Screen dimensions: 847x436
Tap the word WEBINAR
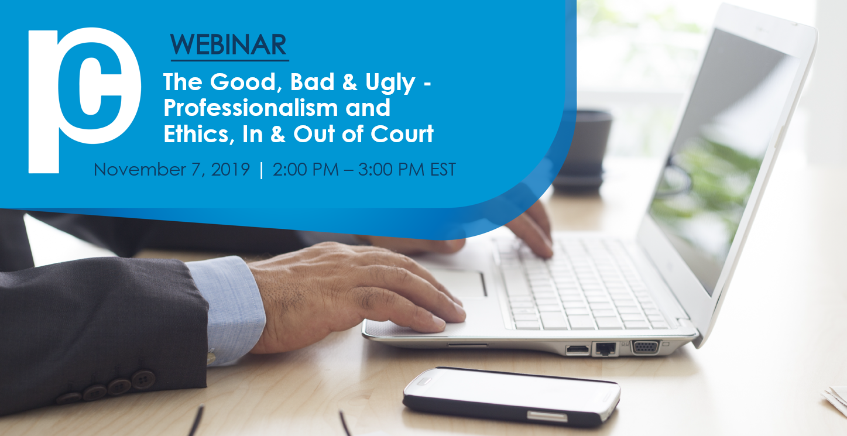pos(228,44)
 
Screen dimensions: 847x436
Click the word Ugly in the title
pos(390,83)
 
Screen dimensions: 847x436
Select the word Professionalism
pos(251,108)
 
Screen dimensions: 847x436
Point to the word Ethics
pos(197,134)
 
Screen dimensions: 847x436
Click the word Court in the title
pos(402,134)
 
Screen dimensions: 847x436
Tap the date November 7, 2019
pos(172,169)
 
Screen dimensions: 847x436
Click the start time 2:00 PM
pos(306,169)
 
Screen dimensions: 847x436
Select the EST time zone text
pos(443,169)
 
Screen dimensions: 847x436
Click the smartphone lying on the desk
pos(512,397)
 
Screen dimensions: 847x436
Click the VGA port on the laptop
pos(646,347)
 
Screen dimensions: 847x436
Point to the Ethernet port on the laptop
pos(605,349)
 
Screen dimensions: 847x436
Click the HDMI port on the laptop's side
pos(577,350)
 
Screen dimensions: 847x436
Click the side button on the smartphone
pos(547,417)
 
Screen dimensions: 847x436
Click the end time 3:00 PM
pos(391,169)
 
